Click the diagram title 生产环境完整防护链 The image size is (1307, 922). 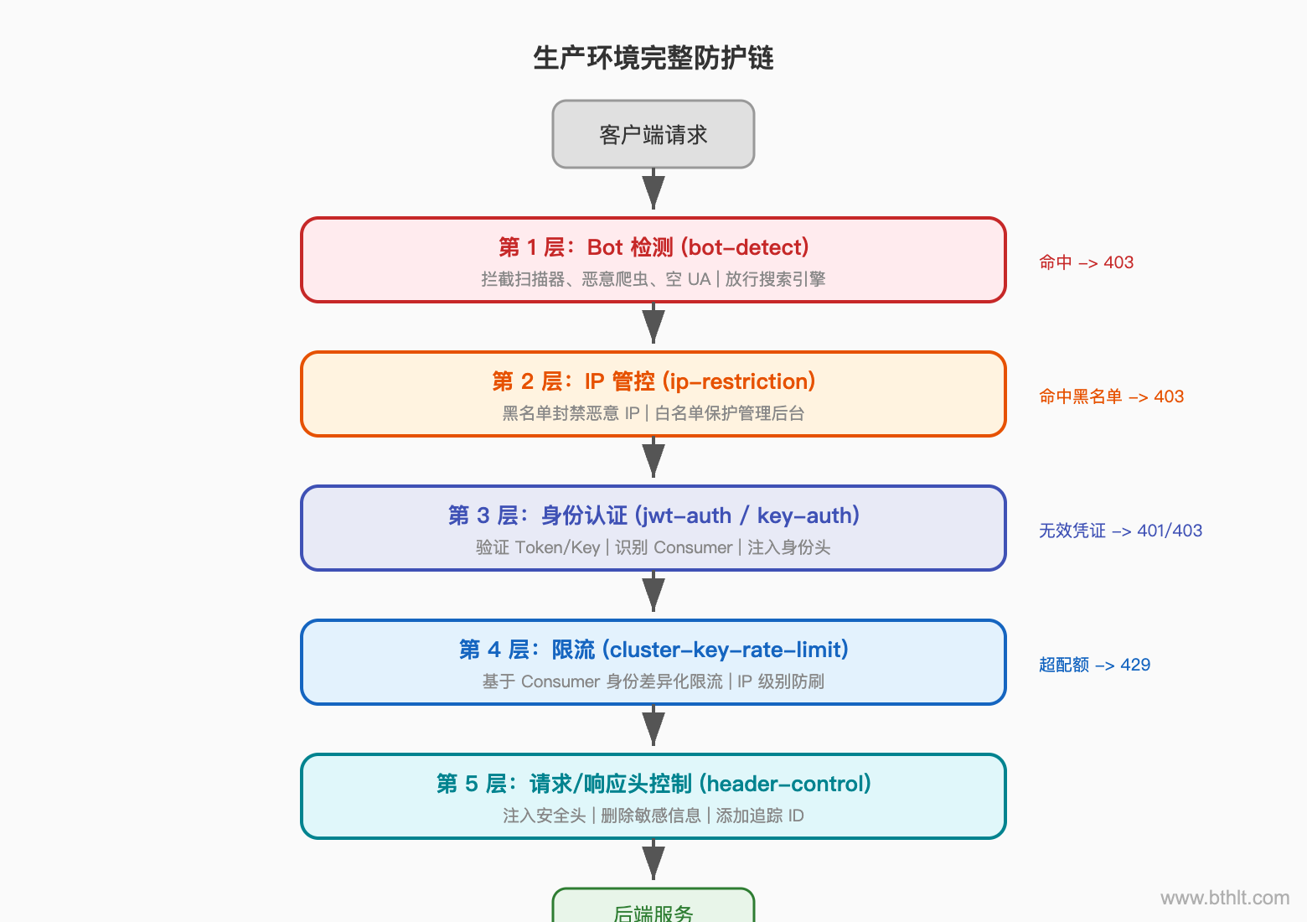[653, 58]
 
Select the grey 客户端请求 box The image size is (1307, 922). [653, 134]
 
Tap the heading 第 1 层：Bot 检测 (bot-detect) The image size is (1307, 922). [653, 247]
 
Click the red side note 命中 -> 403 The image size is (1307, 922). [1086, 262]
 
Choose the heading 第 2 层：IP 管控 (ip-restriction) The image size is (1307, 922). [653, 381]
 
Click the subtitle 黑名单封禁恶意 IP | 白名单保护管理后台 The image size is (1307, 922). [653, 413]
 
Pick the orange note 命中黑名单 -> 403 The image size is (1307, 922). [1111, 396]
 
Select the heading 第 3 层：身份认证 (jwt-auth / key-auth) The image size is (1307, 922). [653, 515]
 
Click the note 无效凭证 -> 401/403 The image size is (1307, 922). [1120, 531]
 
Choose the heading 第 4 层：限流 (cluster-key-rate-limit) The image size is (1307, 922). [653, 650]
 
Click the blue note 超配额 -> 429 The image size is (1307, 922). [1094, 665]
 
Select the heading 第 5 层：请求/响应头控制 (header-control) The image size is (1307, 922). [653, 784]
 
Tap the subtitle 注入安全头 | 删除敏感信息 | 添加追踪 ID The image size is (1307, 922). [653, 816]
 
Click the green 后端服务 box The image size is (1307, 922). [653, 909]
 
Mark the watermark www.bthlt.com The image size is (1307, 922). [1225, 898]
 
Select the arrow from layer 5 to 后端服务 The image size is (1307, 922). [653, 862]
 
